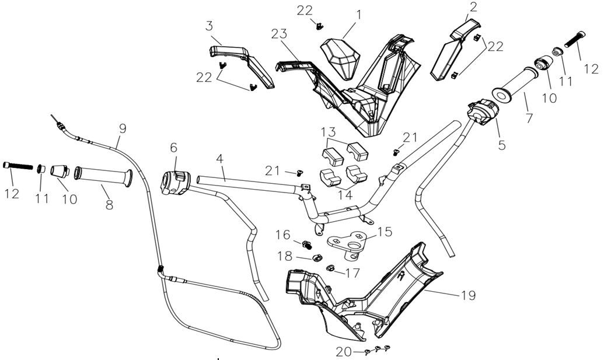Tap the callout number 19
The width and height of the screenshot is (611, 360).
point(467,295)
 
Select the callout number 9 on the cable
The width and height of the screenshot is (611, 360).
point(121,127)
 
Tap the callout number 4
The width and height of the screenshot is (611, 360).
point(219,158)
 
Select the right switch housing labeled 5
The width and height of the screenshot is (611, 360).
point(482,111)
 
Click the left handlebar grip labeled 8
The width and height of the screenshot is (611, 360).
point(102,176)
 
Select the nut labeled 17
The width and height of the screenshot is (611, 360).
point(330,269)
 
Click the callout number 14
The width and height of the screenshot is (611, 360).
point(345,194)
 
